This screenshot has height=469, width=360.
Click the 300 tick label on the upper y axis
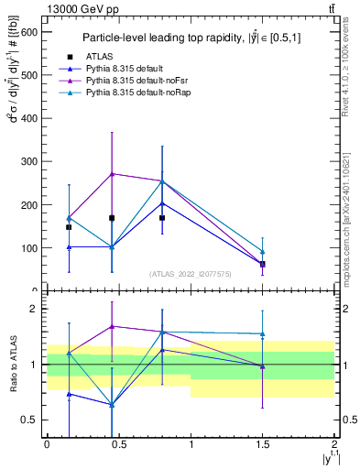pyautogui.click(x=29, y=161)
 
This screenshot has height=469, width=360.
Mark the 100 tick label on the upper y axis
pyautogui.click(x=29, y=248)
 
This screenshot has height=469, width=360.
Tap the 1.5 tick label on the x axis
pyautogui.click(x=262, y=442)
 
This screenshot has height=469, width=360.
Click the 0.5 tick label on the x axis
pyautogui.click(x=118, y=442)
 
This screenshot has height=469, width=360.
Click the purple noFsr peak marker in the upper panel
pyautogui.click(x=112, y=173)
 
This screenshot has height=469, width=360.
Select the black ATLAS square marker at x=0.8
pyautogui.click(x=162, y=218)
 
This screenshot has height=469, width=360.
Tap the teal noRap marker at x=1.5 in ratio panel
pyautogui.click(x=263, y=334)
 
